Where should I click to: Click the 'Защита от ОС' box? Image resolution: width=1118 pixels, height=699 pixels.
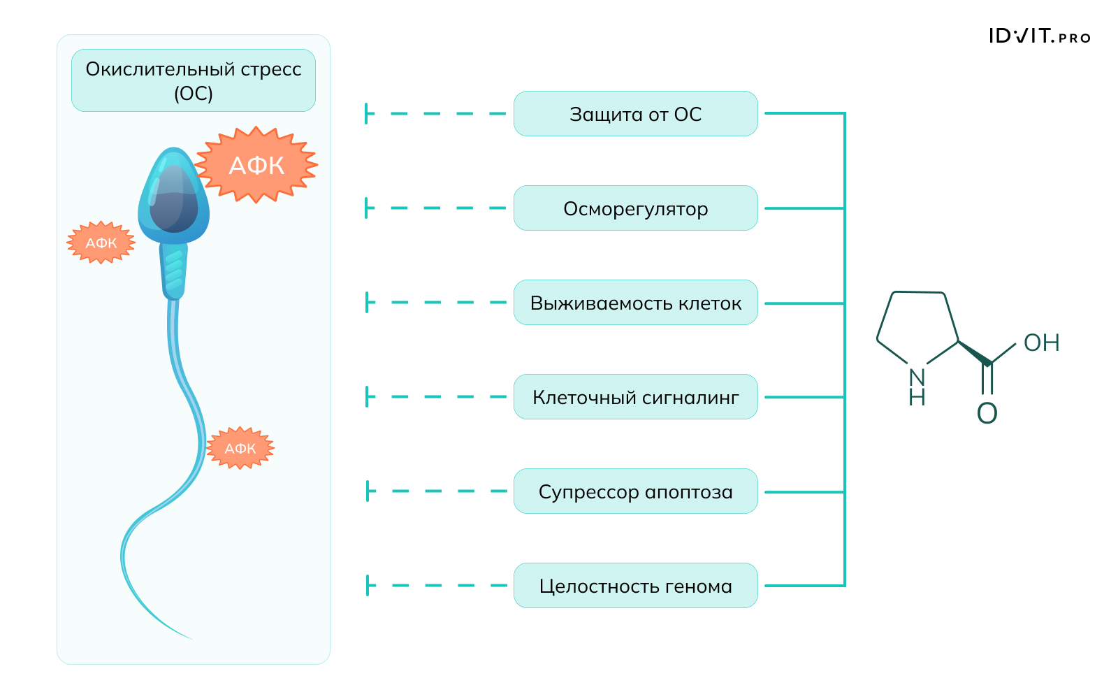(635, 114)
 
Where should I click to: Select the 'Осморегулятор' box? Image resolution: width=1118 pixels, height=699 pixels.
(635, 208)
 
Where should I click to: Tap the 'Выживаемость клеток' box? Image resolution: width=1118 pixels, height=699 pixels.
(635, 303)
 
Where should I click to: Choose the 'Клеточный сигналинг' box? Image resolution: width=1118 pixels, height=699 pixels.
(635, 397)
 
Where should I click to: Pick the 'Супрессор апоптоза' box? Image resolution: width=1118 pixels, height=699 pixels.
(635, 491)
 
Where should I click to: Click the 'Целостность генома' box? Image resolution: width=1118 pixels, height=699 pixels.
(635, 586)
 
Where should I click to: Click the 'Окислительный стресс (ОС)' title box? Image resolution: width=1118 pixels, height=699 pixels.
(194, 80)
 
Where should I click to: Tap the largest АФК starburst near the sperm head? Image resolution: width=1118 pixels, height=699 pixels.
(256, 166)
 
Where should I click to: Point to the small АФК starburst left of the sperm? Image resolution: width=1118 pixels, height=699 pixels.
(101, 243)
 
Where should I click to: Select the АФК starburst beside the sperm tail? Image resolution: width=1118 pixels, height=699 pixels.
(240, 448)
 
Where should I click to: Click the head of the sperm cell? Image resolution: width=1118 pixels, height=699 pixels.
(173, 199)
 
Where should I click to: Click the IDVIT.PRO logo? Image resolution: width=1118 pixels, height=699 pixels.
(1039, 36)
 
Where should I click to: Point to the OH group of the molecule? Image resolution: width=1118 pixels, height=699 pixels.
(1041, 343)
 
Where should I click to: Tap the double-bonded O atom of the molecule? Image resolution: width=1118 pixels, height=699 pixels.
(987, 413)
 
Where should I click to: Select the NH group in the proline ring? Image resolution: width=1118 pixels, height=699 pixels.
(917, 387)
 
